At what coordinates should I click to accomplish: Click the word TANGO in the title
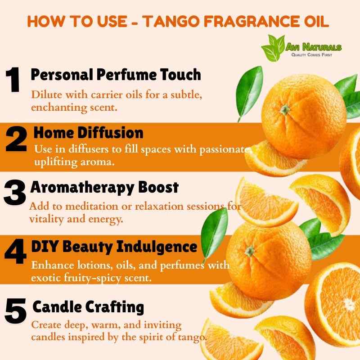click(171, 21)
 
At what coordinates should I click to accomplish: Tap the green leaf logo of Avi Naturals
click(274, 48)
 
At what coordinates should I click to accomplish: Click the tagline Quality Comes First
click(311, 54)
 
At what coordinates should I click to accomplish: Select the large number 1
click(13, 80)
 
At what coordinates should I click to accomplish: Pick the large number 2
click(16, 139)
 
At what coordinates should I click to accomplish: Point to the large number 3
click(15, 193)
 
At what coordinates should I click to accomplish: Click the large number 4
click(16, 252)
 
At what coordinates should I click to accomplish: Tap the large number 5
click(15, 310)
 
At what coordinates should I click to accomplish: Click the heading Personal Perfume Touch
click(116, 75)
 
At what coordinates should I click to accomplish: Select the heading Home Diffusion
click(88, 133)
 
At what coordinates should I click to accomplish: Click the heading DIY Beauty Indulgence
click(114, 247)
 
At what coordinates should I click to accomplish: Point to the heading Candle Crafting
click(88, 307)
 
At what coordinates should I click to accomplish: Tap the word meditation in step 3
click(92, 206)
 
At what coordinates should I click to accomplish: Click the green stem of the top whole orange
click(285, 110)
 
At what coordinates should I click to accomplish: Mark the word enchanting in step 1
click(59, 108)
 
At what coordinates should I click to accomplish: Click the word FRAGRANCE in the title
click(249, 21)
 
